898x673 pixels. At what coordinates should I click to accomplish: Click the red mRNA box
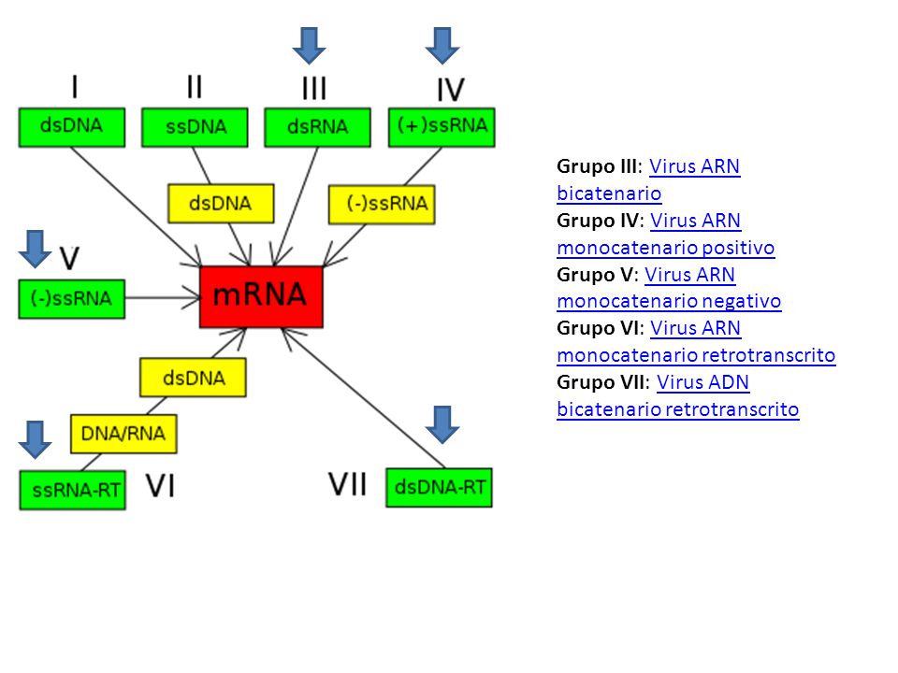pos(261,296)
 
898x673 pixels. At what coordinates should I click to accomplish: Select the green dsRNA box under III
pos(317,127)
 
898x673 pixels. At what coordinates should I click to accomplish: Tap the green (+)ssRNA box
pos(442,127)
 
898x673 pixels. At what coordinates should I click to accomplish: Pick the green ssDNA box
pos(195,127)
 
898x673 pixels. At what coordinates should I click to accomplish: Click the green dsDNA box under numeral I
pos(72,127)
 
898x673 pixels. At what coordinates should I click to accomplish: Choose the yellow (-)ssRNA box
pos(382,204)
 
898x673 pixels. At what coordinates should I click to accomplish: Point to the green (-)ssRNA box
pos(72,299)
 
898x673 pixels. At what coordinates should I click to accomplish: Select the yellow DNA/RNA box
pos(123,434)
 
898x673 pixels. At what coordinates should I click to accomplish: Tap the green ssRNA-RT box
pos(73,490)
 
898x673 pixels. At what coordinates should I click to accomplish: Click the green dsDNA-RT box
pos(440,488)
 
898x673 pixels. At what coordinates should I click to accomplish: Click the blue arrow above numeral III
pos(310,46)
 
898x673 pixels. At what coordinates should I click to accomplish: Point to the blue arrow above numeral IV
pos(442,46)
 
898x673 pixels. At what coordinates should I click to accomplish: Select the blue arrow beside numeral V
pos(35,250)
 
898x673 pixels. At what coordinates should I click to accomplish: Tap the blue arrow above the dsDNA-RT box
pos(442,424)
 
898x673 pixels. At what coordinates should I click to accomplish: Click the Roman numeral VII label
pos(348,485)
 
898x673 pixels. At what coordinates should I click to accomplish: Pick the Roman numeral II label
pos(195,87)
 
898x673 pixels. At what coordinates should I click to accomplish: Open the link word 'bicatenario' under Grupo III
pos(609,193)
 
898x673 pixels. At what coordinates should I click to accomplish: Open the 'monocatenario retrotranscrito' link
pos(696,355)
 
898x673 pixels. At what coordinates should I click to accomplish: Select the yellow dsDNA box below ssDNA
pos(221,203)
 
